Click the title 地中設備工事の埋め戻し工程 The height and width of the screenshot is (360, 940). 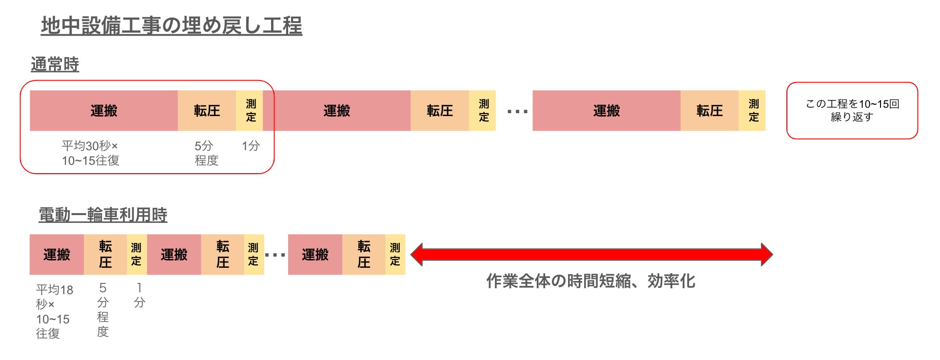click(x=172, y=25)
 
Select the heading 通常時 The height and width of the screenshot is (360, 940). click(x=55, y=64)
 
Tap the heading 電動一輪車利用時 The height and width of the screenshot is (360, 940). click(x=103, y=215)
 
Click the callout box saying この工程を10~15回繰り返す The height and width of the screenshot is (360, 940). click(x=852, y=111)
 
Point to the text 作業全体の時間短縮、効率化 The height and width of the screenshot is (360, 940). click(x=590, y=281)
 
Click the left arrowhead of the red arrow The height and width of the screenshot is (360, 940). click(x=417, y=255)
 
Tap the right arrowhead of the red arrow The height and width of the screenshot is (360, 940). click(x=766, y=255)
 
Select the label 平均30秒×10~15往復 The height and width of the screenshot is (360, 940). click(x=90, y=153)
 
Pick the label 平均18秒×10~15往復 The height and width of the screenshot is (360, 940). click(x=54, y=311)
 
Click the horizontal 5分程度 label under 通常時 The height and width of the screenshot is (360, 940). click(x=206, y=153)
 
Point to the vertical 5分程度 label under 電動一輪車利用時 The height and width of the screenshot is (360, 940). click(x=103, y=310)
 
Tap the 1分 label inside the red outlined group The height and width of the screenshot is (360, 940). click(x=251, y=146)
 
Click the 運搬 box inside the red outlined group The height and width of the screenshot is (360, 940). click(x=104, y=111)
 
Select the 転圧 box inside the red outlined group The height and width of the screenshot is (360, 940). click(x=207, y=111)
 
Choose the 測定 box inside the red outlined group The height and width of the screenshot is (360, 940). click(x=250, y=111)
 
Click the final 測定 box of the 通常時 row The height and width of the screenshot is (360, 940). click(x=753, y=111)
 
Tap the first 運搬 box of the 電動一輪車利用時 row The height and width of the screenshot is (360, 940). click(x=57, y=255)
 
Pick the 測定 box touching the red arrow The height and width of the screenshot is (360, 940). click(x=395, y=255)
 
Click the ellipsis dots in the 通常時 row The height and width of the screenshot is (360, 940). click(x=517, y=112)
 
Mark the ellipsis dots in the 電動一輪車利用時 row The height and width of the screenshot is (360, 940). click(x=275, y=255)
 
